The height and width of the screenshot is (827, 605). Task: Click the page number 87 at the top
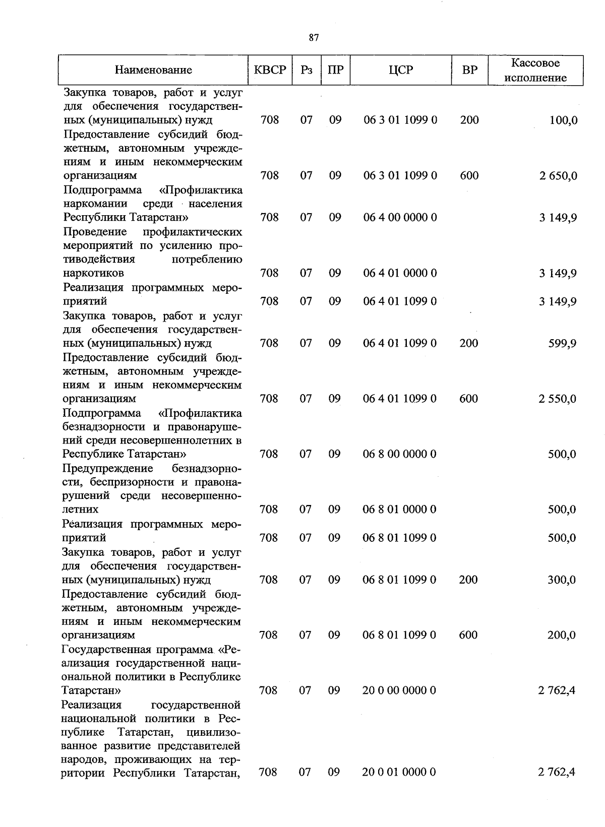coord(314,38)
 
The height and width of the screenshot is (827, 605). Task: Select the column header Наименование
coord(153,70)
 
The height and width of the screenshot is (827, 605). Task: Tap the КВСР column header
coord(270,70)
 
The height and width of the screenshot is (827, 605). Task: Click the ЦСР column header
coord(401,70)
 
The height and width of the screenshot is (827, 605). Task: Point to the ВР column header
coord(469,70)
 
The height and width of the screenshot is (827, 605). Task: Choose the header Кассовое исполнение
coord(535,70)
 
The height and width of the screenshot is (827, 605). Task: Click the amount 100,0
coord(564,120)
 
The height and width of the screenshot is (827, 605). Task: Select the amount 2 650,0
coord(557,176)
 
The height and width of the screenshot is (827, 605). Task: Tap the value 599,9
coord(563,344)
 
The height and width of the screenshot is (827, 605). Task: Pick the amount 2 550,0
coord(557,399)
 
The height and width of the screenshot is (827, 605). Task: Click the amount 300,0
coord(562,580)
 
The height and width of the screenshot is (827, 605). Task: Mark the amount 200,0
coord(562,635)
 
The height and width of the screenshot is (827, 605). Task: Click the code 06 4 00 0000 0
coord(400,218)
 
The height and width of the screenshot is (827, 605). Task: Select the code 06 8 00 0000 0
coord(399,454)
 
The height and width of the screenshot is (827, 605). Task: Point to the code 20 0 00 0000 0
coord(399,690)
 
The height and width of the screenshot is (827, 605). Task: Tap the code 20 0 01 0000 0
coord(399,772)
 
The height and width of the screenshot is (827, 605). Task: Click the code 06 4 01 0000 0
coord(400,273)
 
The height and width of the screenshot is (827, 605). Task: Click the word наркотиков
coord(93,273)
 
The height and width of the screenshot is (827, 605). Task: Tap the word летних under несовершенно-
coord(80,510)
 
